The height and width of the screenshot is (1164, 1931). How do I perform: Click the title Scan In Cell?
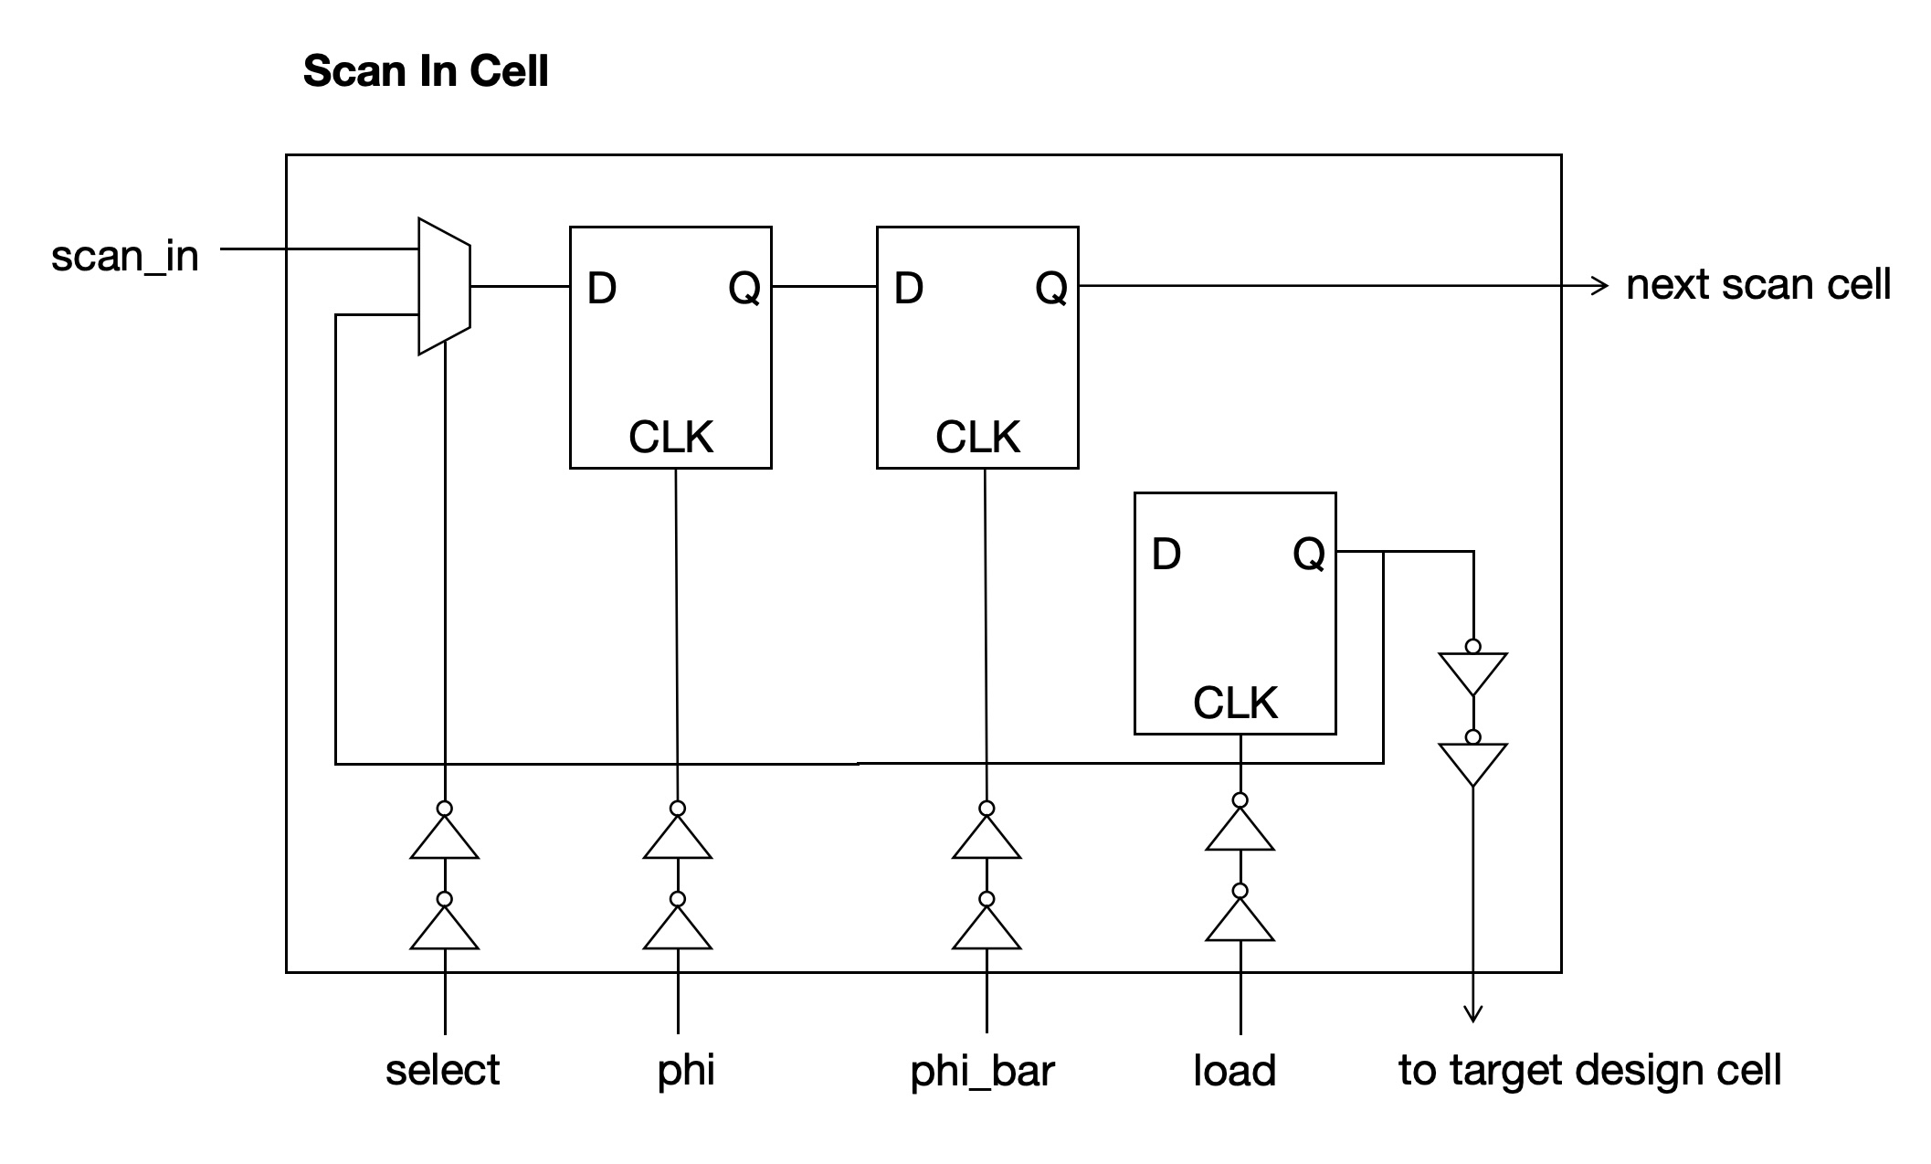click(x=426, y=71)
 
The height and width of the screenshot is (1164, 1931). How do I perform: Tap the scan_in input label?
click(x=124, y=256)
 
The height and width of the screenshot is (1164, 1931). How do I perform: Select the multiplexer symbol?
click(x=444, y=286)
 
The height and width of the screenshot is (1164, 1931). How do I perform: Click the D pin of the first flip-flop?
click(x=602, y=289)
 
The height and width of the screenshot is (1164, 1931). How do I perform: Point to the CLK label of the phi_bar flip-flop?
click(x=976, y=437)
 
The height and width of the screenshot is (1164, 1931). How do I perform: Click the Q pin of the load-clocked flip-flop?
click(x=1308, y=554)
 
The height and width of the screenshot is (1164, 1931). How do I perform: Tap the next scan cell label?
click(x=1757, y=285)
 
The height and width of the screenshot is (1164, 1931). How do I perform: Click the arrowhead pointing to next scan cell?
click(x=1599, y=286)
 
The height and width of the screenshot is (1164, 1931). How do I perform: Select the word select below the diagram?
click(x=442, y=1070)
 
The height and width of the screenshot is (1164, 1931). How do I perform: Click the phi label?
click(x=685, y=1070)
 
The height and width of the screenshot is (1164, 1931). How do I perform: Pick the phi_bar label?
click(x=982, y=1071)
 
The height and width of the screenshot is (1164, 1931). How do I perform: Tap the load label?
click(x=1234, y=1071)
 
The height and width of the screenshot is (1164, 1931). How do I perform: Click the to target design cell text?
click(x=1589, y=1070)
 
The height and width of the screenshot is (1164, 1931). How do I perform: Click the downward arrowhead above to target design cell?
click(x=1472, y=1013)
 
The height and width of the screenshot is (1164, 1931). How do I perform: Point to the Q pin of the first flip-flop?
click(x=744, y=289)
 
